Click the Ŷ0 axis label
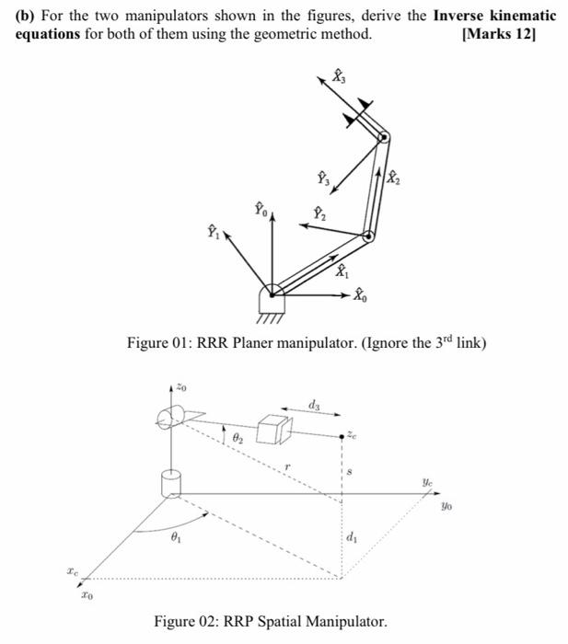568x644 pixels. point(261,210)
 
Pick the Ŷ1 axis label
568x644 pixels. point(213,230)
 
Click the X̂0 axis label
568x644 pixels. point(363,298)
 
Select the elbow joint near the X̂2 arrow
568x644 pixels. point(368,236)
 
